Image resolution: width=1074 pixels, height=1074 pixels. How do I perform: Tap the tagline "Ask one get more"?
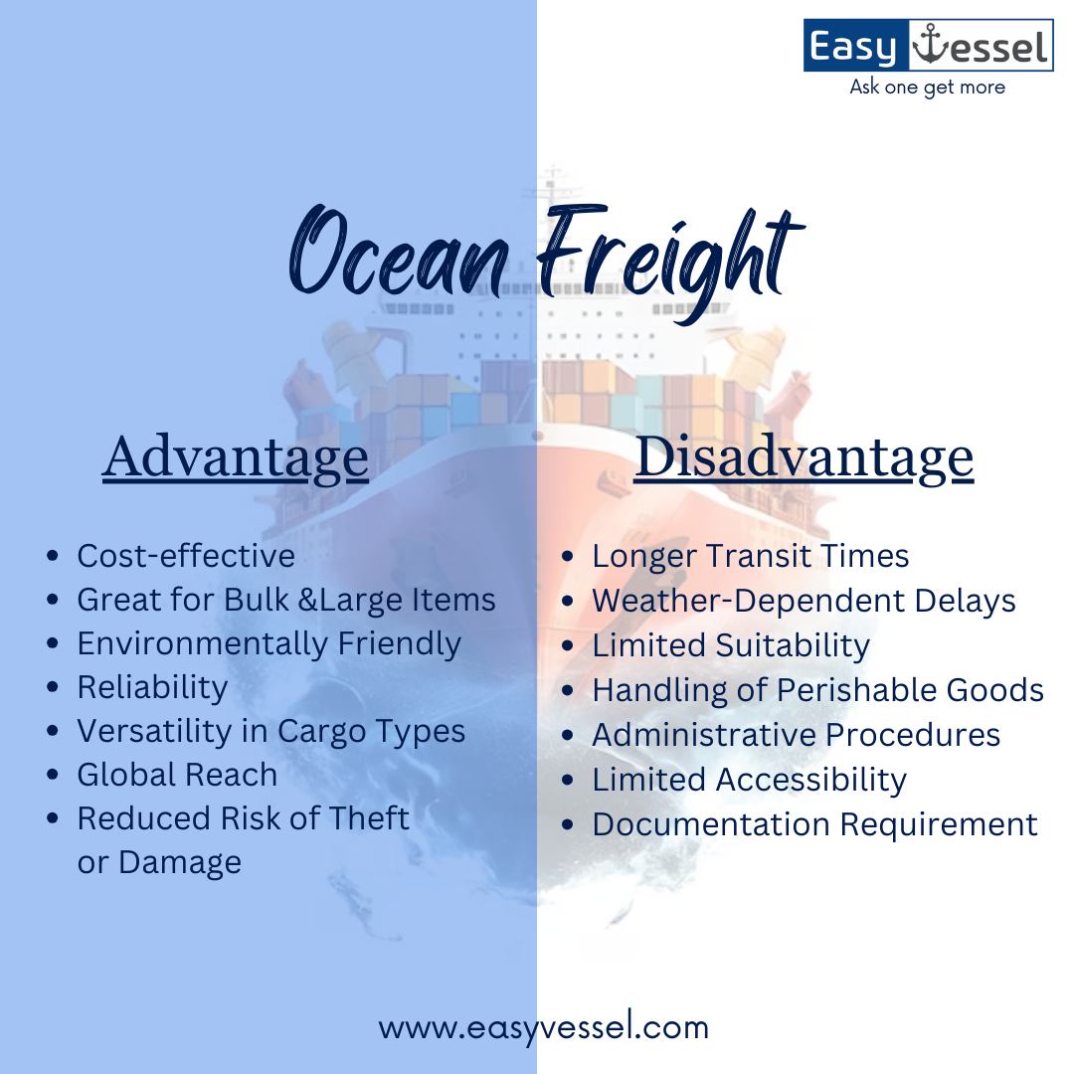[x=927, y=88]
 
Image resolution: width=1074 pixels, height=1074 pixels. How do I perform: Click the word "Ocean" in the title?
[x=398, y=250]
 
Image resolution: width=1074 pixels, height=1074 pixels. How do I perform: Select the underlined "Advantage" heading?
[x=235, y=458]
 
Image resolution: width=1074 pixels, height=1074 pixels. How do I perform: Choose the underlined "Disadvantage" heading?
[x=804, y=458]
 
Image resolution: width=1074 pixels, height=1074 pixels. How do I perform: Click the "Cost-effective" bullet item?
[x=186, y=556]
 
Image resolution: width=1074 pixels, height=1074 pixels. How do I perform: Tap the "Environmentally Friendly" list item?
[x=268, y=643]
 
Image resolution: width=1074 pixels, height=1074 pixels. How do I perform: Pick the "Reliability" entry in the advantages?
[x=152, y=687]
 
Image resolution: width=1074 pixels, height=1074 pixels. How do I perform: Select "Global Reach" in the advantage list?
[x=177, y=775]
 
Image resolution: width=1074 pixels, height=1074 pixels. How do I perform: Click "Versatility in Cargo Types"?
[x=270, y=731]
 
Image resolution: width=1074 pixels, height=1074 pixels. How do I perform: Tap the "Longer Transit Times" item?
[x=750, y=556]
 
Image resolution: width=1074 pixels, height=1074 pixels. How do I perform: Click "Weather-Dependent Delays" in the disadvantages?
[x=804, y=601]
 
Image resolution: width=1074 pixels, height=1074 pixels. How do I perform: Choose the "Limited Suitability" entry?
[x=731, y=645]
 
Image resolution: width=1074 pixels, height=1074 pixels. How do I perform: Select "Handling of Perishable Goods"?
[x=817, y=690]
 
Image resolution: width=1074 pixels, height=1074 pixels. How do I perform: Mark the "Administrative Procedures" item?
[x=796, y=735]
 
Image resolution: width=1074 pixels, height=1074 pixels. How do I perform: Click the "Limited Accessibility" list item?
[x=749, y=780]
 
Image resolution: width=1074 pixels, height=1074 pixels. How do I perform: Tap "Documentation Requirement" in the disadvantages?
[x=814, y=824]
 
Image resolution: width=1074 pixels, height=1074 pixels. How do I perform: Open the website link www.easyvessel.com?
[x=543, y=1027]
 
